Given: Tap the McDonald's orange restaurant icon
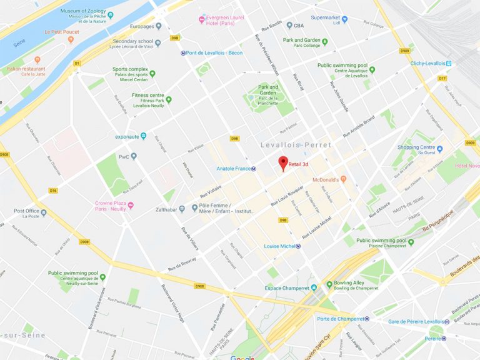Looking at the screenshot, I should (343, 179).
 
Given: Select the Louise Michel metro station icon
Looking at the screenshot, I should (299, 246).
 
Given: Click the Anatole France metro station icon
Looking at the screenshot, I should (255, 169).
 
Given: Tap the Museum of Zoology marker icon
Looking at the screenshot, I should (111, 14).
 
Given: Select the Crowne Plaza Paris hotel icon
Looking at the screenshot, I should (131, 206).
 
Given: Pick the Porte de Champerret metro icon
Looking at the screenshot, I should (367, 319).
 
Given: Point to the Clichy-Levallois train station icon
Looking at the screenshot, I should (449, 63).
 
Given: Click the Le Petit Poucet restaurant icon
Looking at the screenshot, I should (71, 39).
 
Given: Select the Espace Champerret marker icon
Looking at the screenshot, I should (314, 288).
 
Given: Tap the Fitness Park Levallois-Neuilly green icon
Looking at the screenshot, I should (168, 99).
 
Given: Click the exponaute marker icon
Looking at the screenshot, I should (143, 136).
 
